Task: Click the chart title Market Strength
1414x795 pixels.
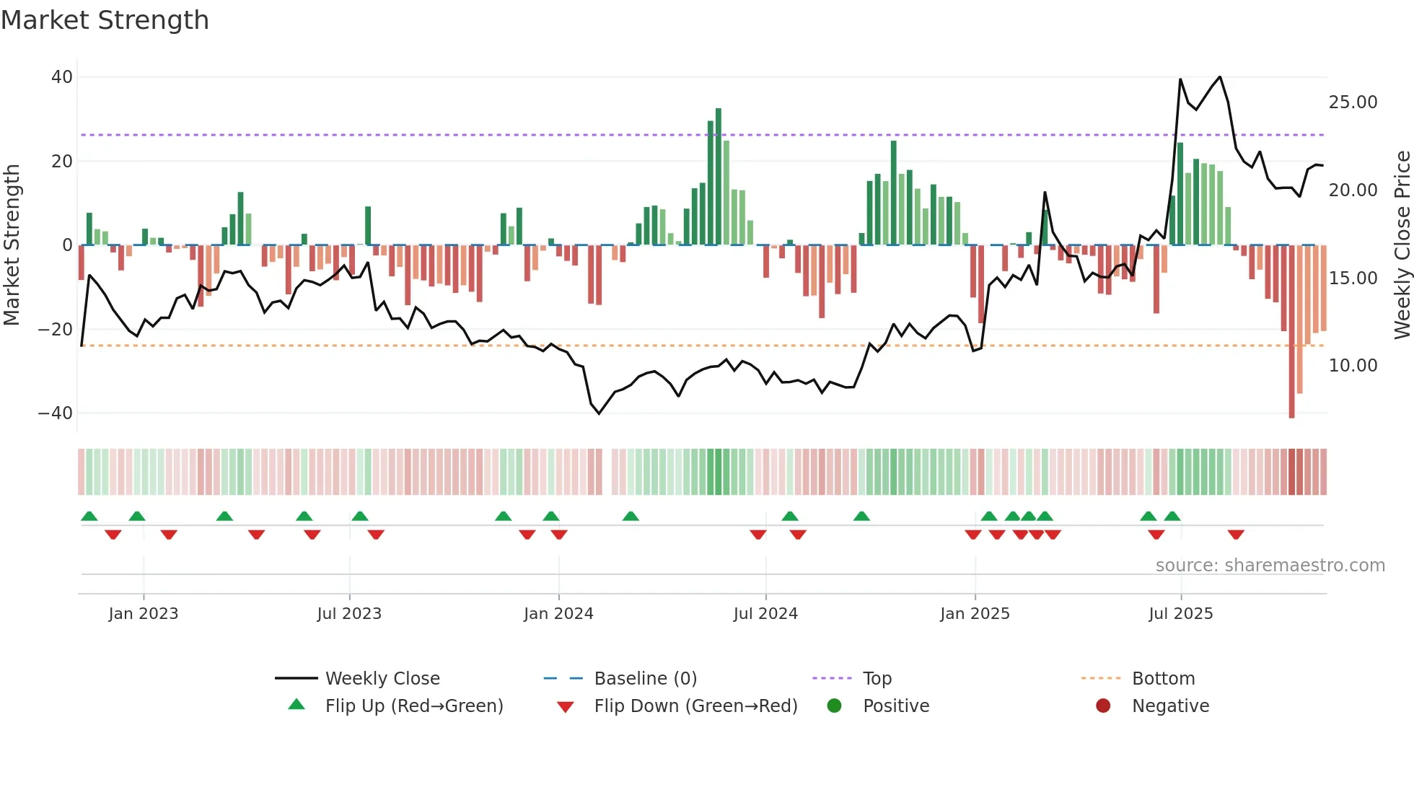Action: (105, 20)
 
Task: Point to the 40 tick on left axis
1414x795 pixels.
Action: (62, 77)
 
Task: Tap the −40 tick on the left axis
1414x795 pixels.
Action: (56, 413)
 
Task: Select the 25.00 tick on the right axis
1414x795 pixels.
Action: (1353, 102)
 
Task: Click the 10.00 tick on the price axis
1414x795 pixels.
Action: (1353, 366)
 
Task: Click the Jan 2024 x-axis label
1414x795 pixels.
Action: (558, 614)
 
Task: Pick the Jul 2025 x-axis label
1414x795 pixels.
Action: (1180, 614)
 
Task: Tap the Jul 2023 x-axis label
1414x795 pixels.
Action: (349, 614)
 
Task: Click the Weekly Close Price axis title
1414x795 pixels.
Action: (1402, 245)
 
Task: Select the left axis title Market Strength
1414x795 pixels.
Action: (12, 245)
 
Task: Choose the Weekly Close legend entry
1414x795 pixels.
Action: (382, 679)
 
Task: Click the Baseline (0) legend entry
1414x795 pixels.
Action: (645, 679)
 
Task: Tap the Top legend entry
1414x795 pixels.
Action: (877, 679)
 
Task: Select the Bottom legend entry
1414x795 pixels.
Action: (1163, 679)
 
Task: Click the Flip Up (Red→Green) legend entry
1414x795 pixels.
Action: (413, 706)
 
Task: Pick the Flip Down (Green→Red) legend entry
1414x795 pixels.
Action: (695, 706)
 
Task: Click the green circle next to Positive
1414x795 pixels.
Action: (835, 706)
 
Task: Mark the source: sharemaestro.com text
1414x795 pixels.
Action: (1270, 566)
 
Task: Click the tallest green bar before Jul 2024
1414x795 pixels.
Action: (719, 177)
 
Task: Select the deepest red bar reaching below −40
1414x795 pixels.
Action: (1291, 332)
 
